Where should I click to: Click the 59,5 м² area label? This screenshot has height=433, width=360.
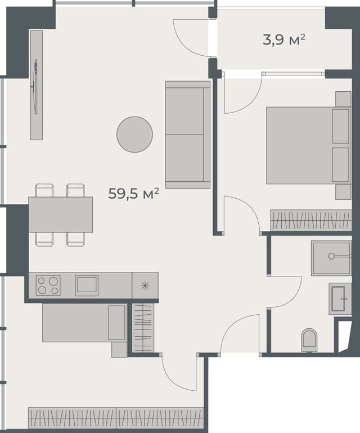pos(134,194)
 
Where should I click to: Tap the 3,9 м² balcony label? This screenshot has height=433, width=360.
pos(284,39)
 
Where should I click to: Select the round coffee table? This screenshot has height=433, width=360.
pos(134,134)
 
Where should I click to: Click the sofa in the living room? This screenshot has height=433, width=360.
pos(187,134)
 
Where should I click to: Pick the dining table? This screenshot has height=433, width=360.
pos(61,215)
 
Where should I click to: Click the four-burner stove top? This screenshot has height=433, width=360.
pos(48,285)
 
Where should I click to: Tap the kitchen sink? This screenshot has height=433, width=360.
pos(87,285)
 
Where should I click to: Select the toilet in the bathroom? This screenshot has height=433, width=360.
pos(309,340)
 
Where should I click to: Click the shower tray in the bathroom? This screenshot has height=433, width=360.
pos(331,258)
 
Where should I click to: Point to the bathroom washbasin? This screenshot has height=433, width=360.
pos(340,298)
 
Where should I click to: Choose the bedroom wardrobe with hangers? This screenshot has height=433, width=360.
pos(310,220)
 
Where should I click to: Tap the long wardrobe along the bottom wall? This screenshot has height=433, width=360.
pos(116,418)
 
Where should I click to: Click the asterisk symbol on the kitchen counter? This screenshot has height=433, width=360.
pos(145,285)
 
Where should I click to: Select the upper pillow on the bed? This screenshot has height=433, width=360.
pos(341,126)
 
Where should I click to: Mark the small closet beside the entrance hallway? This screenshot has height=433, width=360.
pos(143,328)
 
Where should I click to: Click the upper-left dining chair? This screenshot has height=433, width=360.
pos(44,190)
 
